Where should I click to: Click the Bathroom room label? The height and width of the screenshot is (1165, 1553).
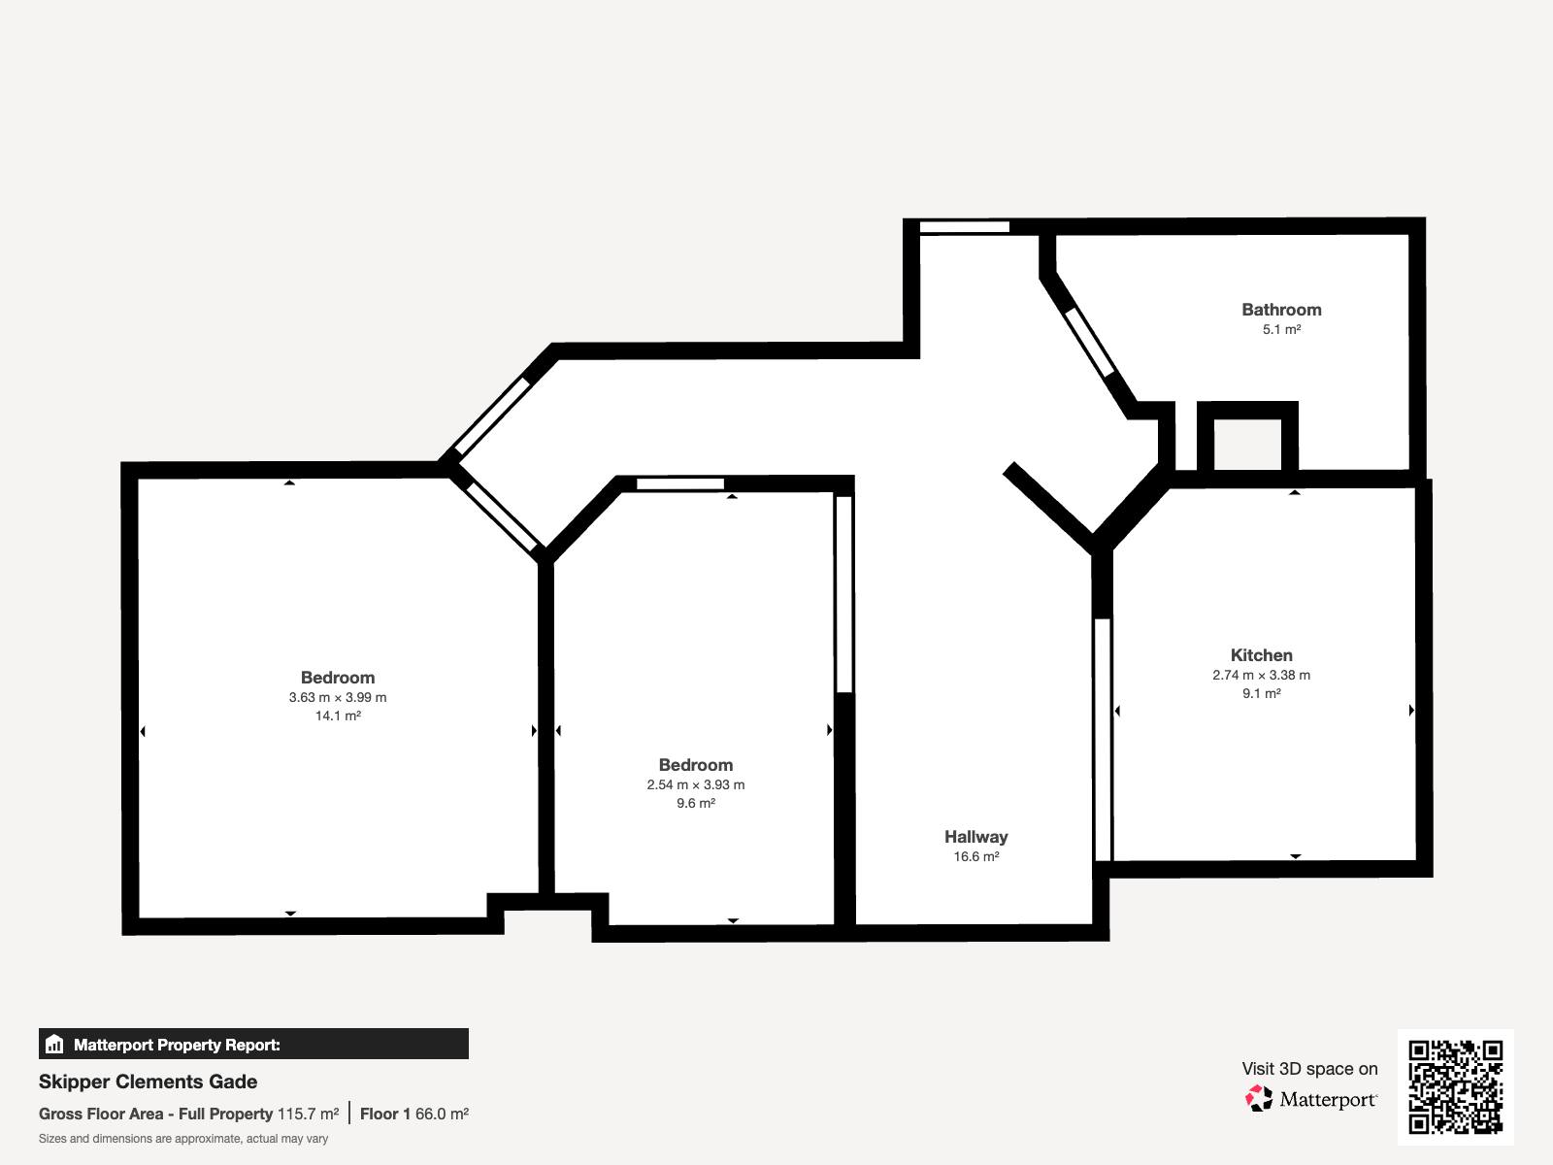[x=1281, y=310]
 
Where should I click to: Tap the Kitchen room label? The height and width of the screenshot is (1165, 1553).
[x=1262, y=655]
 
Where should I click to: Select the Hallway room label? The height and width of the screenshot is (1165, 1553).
[x=975, y=837]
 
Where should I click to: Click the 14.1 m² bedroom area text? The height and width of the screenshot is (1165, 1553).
[x=338, y=716]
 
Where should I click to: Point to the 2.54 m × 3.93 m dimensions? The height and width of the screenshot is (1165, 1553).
[x=696, y=784]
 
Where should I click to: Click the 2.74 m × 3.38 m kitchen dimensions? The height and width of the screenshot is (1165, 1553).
[x=1262, y=675]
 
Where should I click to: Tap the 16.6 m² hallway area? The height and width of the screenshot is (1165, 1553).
[x=976, y=856]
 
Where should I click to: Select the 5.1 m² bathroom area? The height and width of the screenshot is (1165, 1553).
[x=1282, y=330]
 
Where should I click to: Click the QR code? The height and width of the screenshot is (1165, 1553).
[x=1455, y=1086]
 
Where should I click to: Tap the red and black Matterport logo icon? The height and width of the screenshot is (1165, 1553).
[x=1259, y=1099]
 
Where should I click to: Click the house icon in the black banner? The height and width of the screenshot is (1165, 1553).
[x=54, y=1044]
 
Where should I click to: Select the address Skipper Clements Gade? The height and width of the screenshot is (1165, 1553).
[x=148, y=1082]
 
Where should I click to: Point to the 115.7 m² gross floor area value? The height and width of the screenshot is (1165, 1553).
[x=308, y=1115]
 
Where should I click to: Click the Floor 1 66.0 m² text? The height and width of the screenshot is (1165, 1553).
[x=413, y=1115]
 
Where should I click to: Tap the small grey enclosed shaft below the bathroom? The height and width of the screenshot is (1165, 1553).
[x=1248, y=445]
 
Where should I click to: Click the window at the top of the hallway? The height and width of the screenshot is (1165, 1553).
[x=965, y=227]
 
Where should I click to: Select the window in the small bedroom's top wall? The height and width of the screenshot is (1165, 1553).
[x=680, y=483]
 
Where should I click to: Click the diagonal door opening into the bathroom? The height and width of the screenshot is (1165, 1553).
[x=1090, y=343]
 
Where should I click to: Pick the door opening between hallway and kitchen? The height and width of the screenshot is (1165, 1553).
[x=1103, y=740]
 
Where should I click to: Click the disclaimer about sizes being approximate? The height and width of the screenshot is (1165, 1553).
[x=183, y=1139]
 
